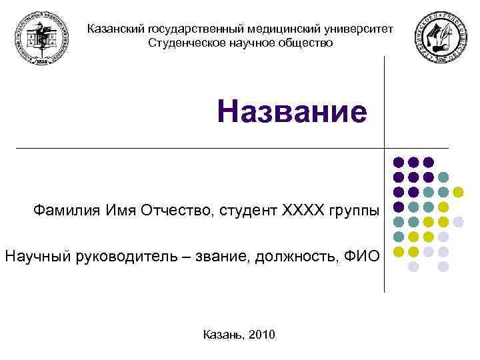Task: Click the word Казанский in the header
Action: [x=117, y=29]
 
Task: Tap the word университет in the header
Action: [x=359, y=29]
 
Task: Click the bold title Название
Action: [x=292, y=113]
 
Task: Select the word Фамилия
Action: [x=67, y=211]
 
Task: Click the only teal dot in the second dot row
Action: [x=443, y=177]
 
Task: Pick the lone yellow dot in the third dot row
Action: [x=458, y=192]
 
